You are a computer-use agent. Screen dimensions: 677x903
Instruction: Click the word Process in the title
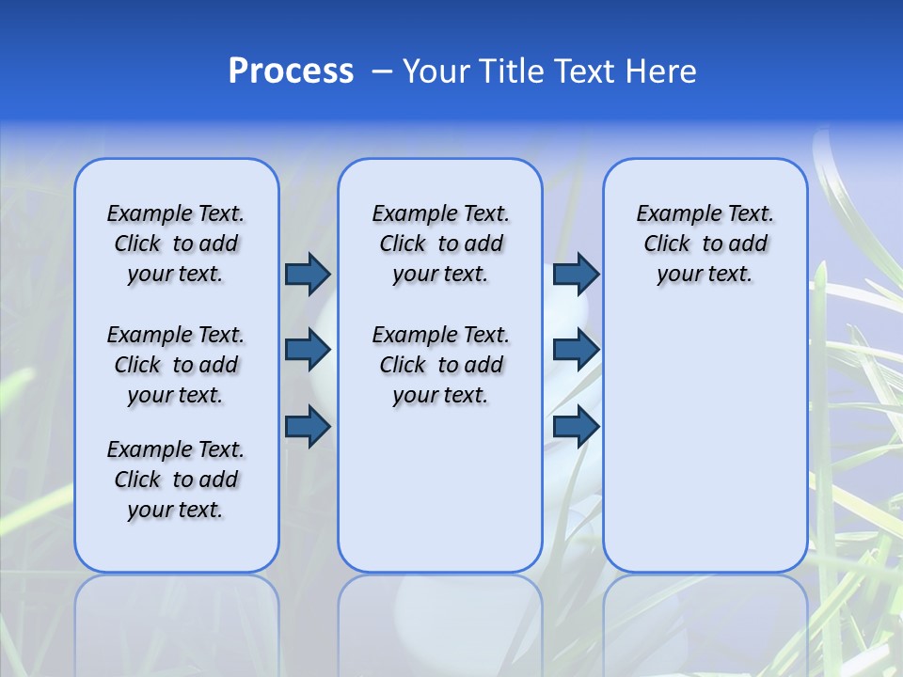(291, 71)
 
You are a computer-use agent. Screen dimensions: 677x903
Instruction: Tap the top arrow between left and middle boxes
(308, 274)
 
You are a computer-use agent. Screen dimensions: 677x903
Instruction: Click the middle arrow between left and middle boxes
(308, 351)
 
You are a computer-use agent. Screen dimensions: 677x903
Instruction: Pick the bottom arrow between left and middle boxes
(308, 427)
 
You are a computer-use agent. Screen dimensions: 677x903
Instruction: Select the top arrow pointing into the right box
(576, 274)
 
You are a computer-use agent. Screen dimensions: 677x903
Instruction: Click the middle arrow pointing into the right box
(576, 351)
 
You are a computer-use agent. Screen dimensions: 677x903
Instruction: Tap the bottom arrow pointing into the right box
(576, 427)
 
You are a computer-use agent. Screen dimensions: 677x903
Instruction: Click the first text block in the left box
(176, 244)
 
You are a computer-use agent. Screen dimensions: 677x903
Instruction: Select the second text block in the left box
(176, 365)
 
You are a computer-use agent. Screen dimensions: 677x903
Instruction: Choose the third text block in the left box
(176, 480)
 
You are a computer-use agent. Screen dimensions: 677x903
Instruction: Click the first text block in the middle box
(440, 244)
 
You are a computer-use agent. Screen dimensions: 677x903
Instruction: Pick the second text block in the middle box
(440, 365)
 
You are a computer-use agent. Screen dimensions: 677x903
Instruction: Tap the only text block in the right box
(705, 244)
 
